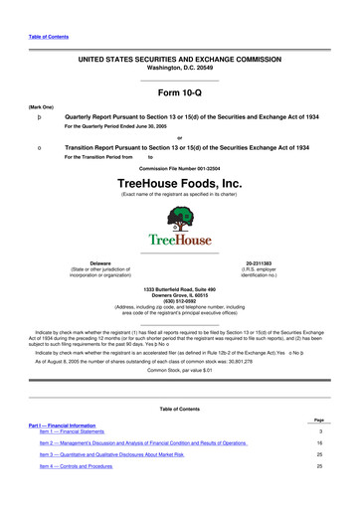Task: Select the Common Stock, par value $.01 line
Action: pos(179,368)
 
